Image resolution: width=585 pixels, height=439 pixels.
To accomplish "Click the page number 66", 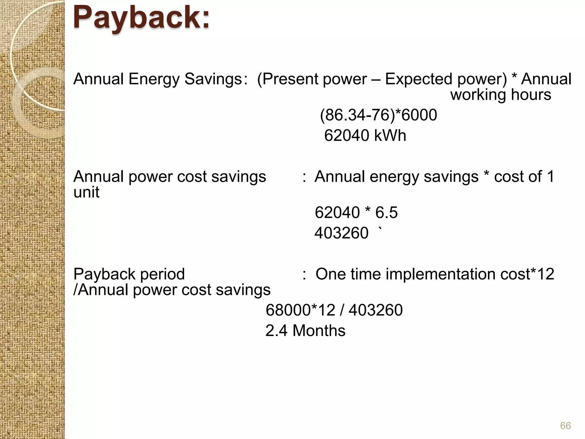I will point(565,426).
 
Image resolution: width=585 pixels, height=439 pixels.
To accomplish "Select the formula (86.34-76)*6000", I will point(378,115).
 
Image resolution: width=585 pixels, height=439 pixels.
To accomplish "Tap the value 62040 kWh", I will point(365,135).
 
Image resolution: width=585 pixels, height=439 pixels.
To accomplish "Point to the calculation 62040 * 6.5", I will point(356,212).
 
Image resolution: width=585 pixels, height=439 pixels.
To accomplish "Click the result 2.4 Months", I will point(305,330).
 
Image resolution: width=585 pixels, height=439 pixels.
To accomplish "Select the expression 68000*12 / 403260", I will point(334,310).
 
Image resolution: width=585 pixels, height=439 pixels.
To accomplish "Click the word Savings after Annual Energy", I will point(213,79).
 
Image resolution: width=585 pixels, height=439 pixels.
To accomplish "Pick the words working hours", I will point(500,95).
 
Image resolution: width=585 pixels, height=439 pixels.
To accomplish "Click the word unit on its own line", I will point(86,192).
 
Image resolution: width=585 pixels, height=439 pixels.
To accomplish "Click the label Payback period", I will point(129,274).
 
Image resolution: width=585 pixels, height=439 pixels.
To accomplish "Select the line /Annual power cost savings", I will point(172,290).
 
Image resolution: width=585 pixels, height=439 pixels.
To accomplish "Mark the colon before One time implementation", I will point(304,274).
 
